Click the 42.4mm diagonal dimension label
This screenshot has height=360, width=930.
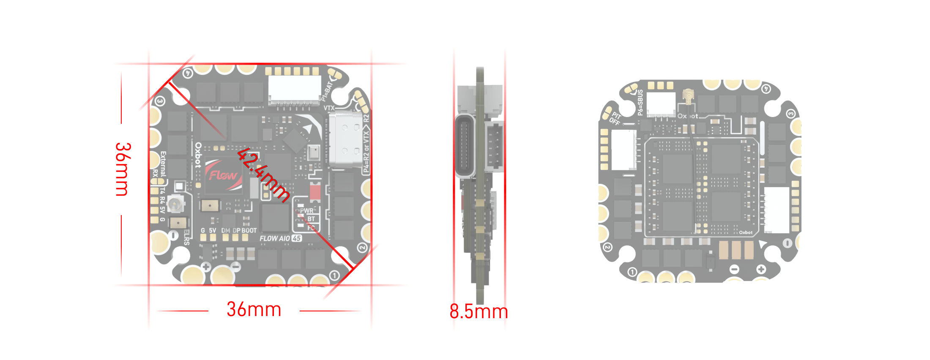(263, 175)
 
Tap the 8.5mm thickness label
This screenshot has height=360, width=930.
(479, 311)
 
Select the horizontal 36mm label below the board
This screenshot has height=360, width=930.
(254, 309)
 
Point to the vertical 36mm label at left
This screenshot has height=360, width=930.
(123, 169)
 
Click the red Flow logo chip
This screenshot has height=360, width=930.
(223, 175)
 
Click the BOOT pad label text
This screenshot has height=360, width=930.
(249, 230)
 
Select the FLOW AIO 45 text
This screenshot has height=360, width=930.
(280, 238)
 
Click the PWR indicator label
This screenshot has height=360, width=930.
(307, 210)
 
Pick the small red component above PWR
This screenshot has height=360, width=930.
(315, 191)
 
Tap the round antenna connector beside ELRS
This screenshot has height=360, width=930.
(175, 205)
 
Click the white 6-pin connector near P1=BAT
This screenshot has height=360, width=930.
(294, 89)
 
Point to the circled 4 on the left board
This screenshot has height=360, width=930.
(188, 74)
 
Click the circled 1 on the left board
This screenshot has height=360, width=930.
(334, 275)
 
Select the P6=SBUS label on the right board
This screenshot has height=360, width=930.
(640, 103)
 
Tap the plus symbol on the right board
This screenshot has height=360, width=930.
(761, 269)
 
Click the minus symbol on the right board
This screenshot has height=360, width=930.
(735, 269)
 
